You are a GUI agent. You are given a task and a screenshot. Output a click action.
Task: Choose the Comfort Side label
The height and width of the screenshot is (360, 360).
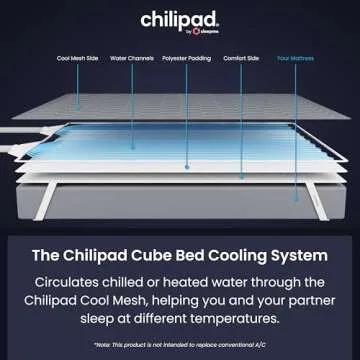pos(239,58)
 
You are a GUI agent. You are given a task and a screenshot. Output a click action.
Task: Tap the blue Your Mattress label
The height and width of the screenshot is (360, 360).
pos(296,58)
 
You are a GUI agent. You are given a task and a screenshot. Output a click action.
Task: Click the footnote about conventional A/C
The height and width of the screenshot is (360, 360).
pos(180,345)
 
